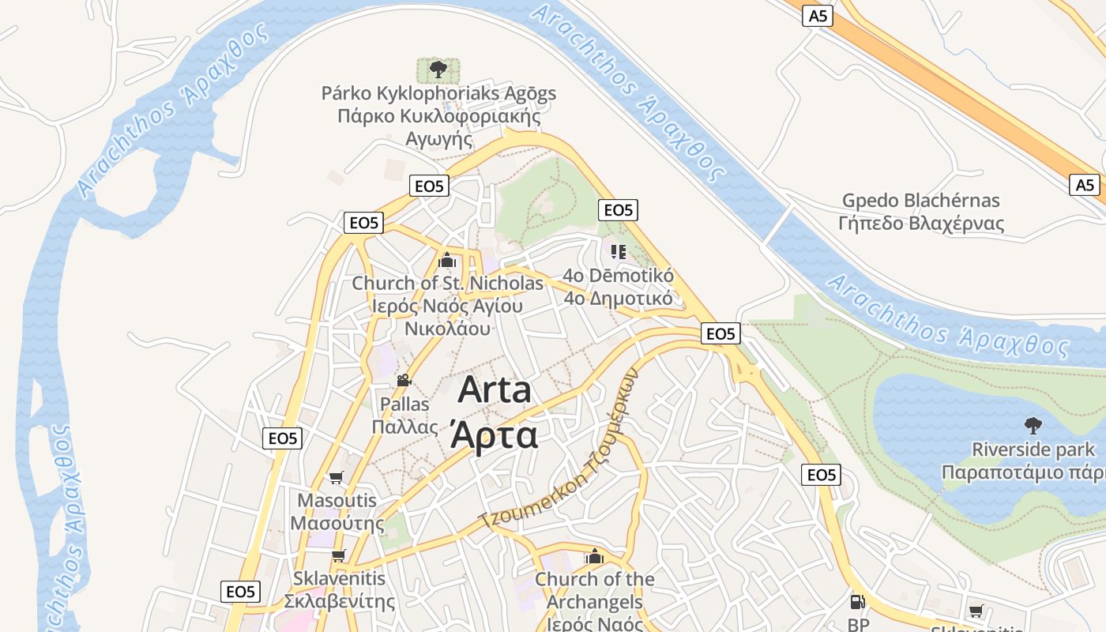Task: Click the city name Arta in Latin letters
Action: (x=495, y=390)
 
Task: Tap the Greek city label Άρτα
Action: (x=495, y=434)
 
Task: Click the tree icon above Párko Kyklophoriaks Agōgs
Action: (x=438, y=70)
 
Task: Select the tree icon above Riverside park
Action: (x=1033, y=426)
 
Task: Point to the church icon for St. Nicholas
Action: (x=447, y=259)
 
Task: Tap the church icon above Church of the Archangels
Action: (x=595, y=556)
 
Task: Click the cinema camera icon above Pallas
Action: (x=404, y=380)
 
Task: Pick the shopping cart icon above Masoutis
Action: (x=337, y=477)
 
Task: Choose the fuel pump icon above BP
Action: (x=857, y=602)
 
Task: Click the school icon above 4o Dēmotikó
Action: (x=618, y=252)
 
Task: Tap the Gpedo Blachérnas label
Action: (x=920, y=201)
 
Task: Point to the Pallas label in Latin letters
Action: (x=404, y=404)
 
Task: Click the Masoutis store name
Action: (x=337, y=501)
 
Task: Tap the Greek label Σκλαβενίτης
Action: (x=339, y=601)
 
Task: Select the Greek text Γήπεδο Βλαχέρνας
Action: (x=920, y=224)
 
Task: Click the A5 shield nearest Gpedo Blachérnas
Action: (x=1085, y=185)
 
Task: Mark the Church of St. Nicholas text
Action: (x=447, y=283)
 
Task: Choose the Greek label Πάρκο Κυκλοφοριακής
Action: (x=438, y=117)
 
